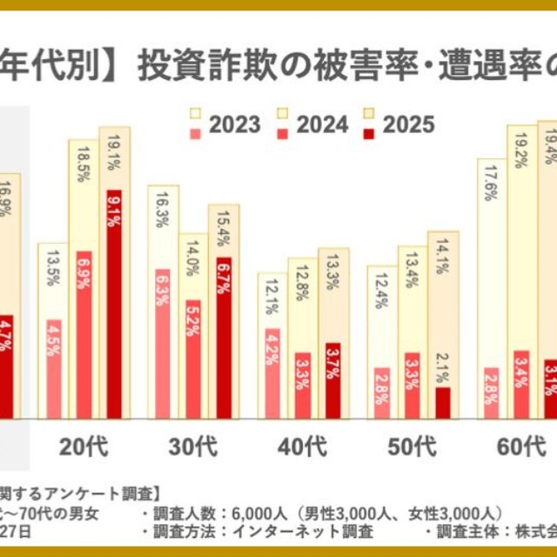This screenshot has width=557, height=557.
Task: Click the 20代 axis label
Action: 84,447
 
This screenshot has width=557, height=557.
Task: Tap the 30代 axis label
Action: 193,447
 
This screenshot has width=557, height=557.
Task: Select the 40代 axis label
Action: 303,447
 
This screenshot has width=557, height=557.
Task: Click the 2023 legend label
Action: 235,124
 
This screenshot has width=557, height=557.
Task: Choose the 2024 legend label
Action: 322,124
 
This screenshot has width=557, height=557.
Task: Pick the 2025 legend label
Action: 408,124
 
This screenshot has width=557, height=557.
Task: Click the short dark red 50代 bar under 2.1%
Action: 443,403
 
